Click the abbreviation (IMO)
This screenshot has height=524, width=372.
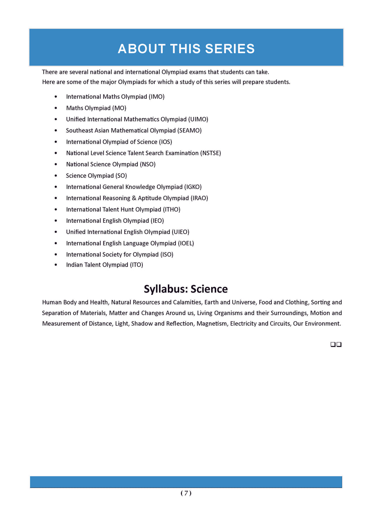pos(157,97)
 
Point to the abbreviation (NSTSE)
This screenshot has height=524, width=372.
pos(210,153)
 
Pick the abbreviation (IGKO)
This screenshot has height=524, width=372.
pos(193,187)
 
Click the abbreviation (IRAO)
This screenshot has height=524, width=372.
pos(199,198)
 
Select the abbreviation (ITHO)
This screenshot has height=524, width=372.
pos(171,210)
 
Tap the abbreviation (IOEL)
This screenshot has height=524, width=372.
pos(186,243)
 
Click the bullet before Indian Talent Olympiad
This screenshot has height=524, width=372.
pos(56,265)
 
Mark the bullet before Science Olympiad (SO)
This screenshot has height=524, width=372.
pos(56,176)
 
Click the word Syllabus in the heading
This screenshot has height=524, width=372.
pos(165,289)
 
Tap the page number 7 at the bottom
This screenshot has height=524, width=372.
pos(186,493)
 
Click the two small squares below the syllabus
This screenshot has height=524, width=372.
pos(336,344)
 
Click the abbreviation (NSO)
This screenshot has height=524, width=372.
pos(147,164)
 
